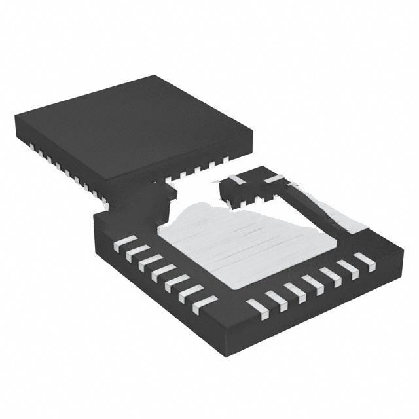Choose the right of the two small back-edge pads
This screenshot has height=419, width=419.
274,178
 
